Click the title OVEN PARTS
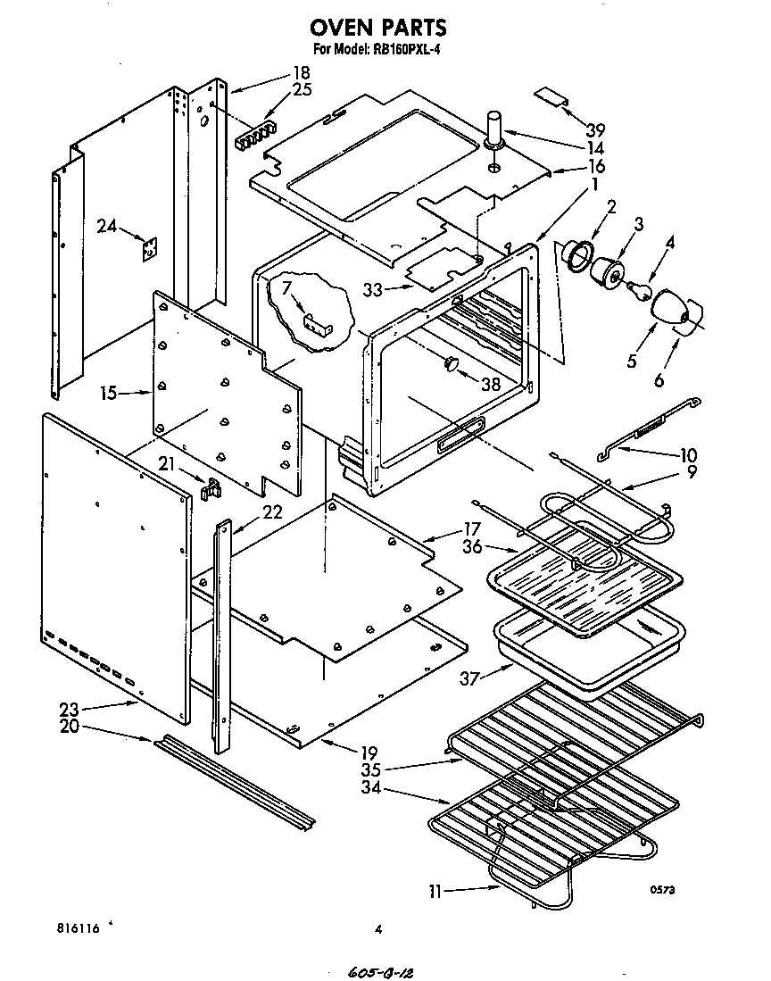coord(378,29)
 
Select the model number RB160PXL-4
coord(403,50)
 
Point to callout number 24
coord(107,227)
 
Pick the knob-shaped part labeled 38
coord(451,362)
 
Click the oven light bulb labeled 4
coord(640,290)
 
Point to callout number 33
coord(374,288)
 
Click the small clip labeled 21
coord(211,488)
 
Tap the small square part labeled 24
coord(149,248)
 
